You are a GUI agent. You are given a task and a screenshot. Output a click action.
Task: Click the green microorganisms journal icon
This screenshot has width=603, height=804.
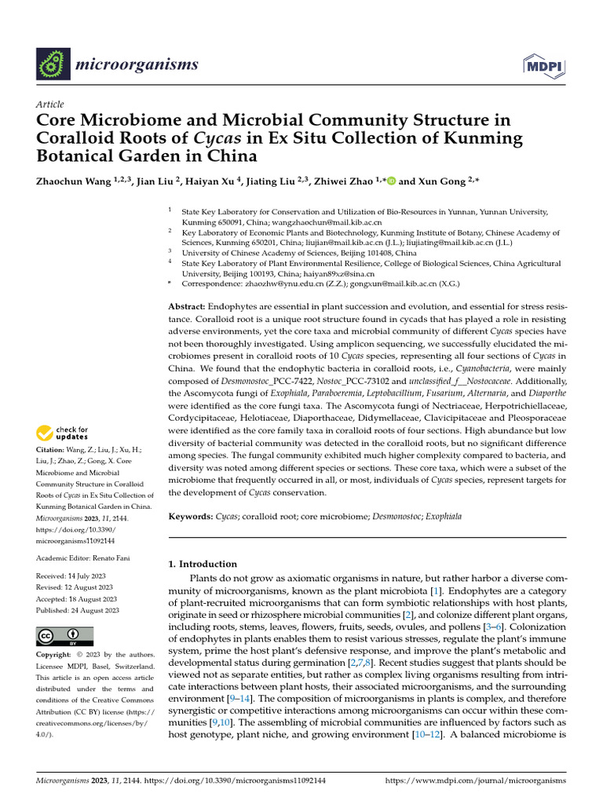click(54, 61)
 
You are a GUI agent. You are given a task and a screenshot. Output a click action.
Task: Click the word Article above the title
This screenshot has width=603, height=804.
click(49, 104)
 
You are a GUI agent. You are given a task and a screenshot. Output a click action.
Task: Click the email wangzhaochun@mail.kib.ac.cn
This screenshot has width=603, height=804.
click(283, 222)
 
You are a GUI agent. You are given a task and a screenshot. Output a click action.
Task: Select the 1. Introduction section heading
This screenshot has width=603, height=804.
click(203, 564)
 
